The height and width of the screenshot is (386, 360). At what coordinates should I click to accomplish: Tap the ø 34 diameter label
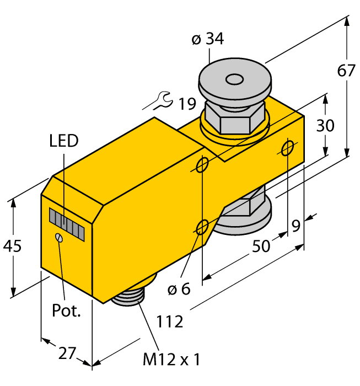click(x=207, y=40)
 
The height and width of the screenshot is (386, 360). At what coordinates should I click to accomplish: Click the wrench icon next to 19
click(x=161, y=100)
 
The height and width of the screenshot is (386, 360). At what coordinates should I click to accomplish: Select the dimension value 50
click(x=261, y=245)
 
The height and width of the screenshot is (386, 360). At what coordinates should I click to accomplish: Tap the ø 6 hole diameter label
click(x=178, y=288)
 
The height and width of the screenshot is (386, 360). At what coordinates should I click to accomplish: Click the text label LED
click(x=63, y=141)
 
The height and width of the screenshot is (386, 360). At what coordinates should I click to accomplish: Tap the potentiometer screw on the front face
click(x=59, y=238)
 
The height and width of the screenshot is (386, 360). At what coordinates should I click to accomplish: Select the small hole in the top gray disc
click(x=235, y=81)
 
